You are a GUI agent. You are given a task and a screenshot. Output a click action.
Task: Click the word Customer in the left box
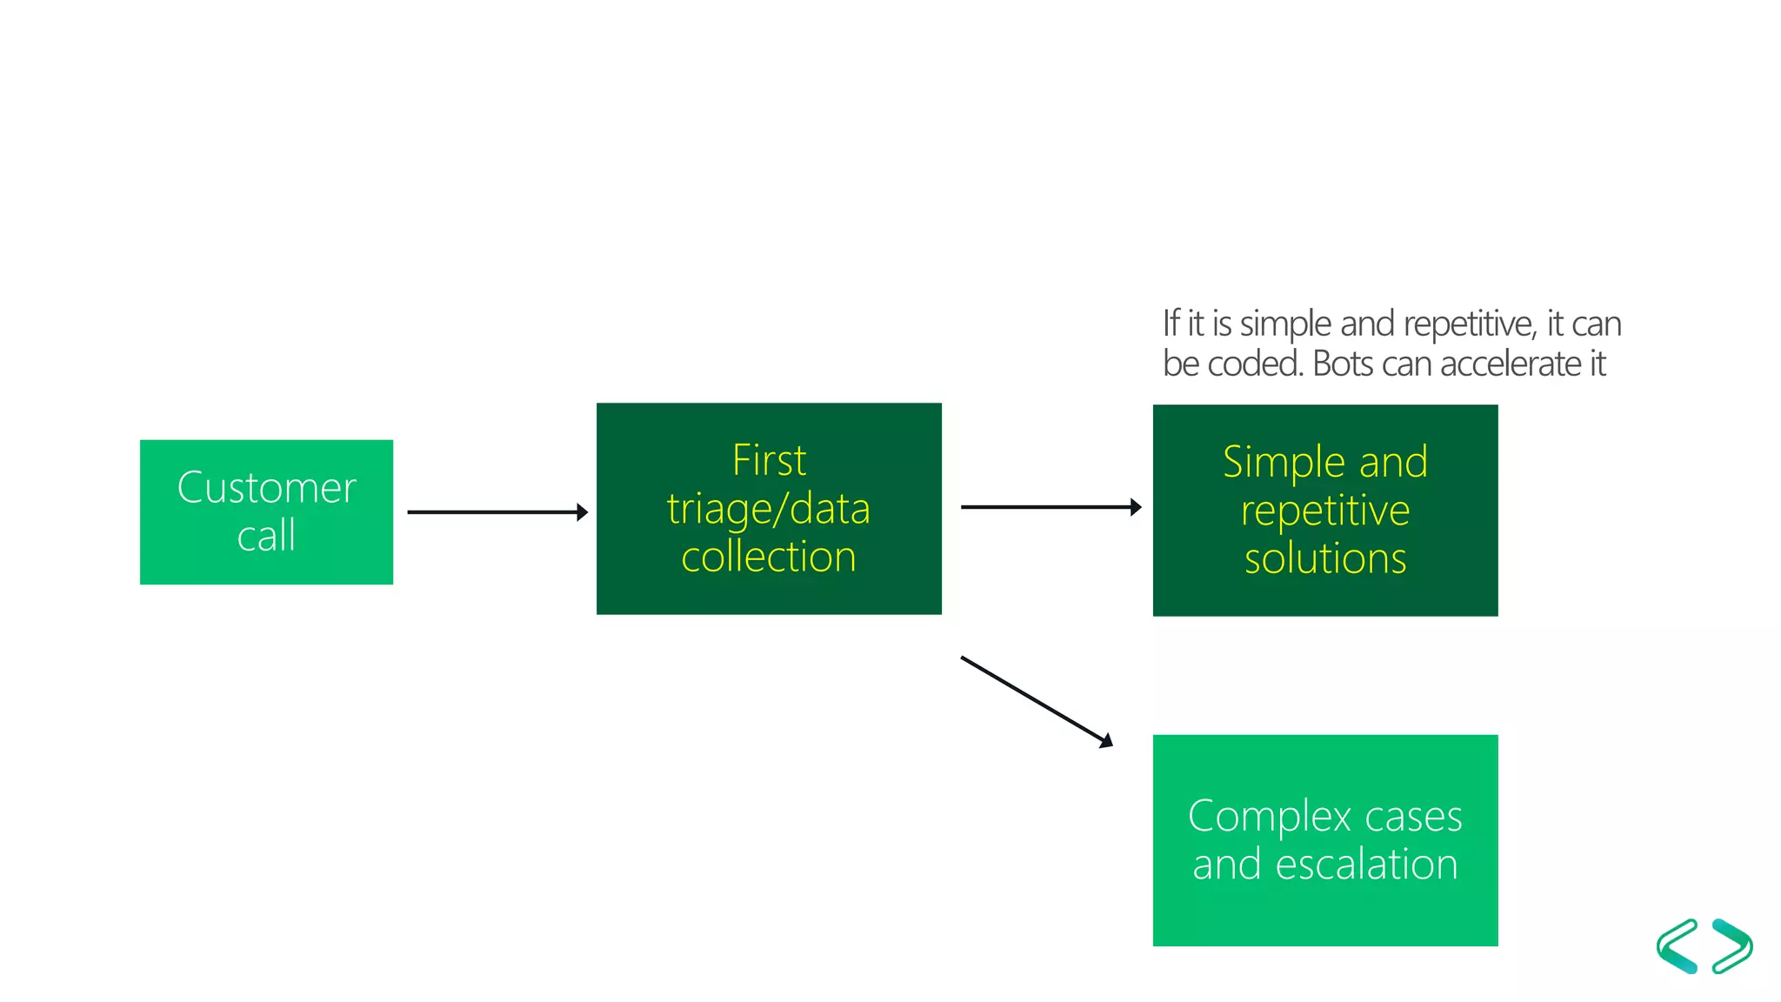click(x=266, y=488)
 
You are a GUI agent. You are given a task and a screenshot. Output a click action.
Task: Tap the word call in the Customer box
click(x=266, y=536)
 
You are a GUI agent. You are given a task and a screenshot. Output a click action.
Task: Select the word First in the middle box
click(x=769, y=460)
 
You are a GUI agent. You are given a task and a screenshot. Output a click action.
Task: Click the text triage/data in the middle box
click(x=769, y=509)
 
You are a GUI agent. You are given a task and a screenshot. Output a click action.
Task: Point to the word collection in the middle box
click(x=769, y=558)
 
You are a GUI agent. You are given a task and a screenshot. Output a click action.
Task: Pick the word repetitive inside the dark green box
click(x=1325, y=511)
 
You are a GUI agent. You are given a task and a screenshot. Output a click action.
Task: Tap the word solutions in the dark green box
click(x=1325, y=559)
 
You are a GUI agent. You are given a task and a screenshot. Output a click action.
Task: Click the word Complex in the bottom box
click(x=1269, y=817)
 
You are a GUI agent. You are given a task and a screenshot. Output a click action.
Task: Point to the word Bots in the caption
click(x=1343, y=364)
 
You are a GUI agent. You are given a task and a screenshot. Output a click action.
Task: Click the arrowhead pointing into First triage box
click(x=582, y=512)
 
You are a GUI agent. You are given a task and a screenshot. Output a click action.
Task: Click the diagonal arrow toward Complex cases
click(x=1035, y=701)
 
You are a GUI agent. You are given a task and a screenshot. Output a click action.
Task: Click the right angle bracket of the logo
click(x=1732, y=946)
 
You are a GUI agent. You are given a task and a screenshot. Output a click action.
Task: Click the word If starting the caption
click(x=1171, y=324)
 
